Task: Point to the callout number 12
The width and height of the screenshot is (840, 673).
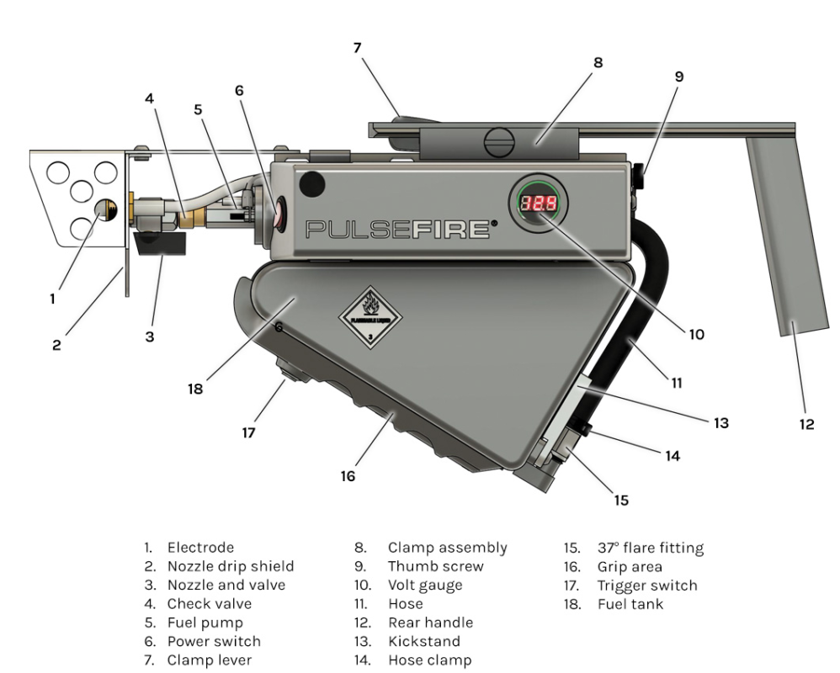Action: point(806,425)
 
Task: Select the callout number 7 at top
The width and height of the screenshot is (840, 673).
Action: point(358,48)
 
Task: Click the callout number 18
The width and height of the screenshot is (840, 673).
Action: point(195,389)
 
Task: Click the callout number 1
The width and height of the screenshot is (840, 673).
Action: point(53,297)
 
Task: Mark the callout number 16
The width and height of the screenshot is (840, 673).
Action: point(348,476)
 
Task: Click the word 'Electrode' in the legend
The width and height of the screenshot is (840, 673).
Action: point(199,548)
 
